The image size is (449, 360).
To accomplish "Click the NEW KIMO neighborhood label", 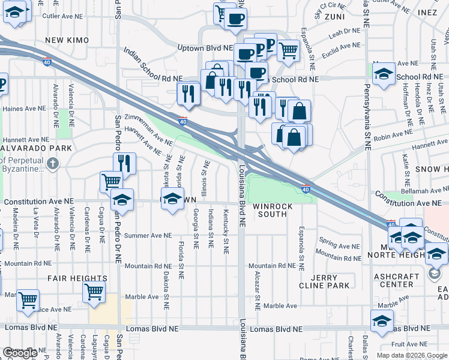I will click(x=67, y=40).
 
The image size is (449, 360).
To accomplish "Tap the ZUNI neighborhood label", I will click(x=334, y=17).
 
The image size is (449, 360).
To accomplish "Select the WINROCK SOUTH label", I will click(x=273, y=211).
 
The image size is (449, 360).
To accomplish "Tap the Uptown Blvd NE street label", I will click(x=205, y=47).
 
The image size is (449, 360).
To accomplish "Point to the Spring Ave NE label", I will click(x=338, y=246).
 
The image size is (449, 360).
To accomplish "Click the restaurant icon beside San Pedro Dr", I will click(x=124, y=163).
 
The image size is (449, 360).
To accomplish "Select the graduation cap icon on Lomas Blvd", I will click(x=382, y=320).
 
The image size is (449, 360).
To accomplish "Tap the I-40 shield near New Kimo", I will click(x=47, y=61).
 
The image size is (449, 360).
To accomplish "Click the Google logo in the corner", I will click(x=19, y=353).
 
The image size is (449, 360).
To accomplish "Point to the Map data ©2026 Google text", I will click(x=412, y=355).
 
